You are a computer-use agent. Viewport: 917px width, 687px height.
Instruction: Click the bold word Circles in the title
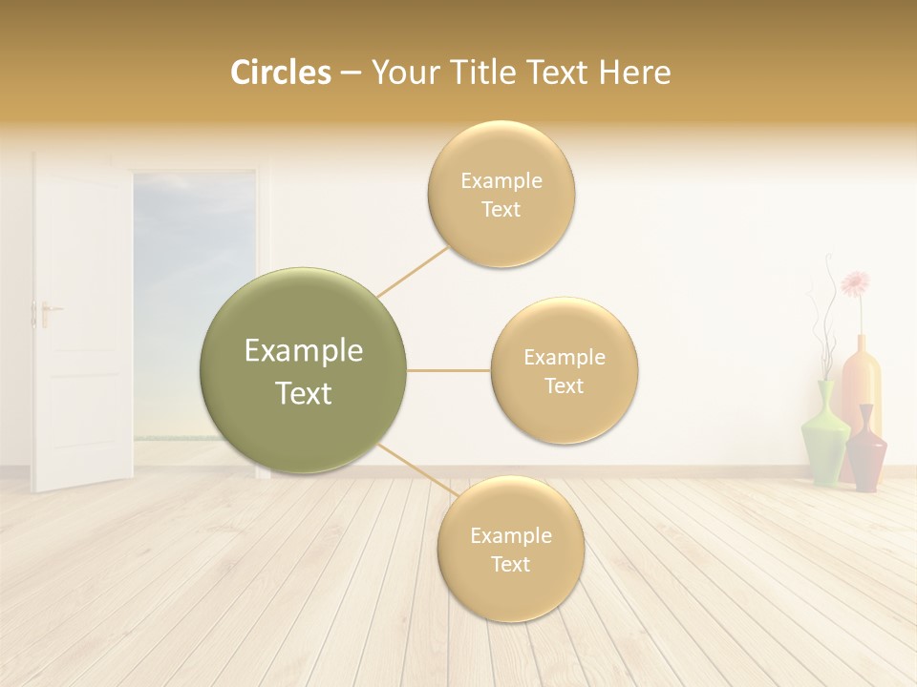click(280, 73)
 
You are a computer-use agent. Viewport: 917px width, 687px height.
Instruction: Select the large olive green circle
click(303, 371)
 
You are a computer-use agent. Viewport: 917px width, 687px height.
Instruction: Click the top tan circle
click(501, 195)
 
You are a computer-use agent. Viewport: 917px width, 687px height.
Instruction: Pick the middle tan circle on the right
click(564, 371)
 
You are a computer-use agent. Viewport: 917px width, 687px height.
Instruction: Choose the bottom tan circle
click(510, 550)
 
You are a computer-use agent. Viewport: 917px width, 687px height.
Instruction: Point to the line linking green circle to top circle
click(413, 272)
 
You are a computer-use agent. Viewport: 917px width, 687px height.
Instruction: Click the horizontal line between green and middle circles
click(448, 370)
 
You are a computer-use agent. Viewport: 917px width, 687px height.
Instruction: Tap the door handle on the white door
click(45, 311)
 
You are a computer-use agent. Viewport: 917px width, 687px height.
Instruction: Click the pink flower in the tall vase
click(855, 282)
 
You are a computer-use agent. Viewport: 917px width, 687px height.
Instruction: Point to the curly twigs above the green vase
click(822, 324)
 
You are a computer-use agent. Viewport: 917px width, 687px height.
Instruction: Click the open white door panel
click(81, 324)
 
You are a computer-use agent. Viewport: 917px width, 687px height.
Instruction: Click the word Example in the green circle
click(303, 351)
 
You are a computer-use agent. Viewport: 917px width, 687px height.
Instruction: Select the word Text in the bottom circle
click(510, 564)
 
